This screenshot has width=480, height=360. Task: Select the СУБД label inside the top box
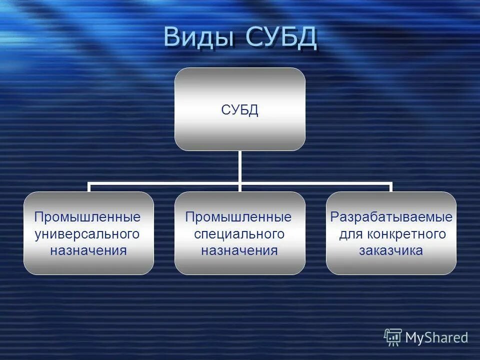pyautogui.click(x=239, y=110)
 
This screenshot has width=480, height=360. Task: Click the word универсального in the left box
pyautogui.click(x=87, y=233)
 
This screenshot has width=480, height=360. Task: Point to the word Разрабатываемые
pyautogui.click(x=391, y=217)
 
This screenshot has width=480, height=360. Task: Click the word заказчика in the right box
pyautogui.click(x=391, y=250)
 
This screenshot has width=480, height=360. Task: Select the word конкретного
pyautogui.click(x=406, y=233)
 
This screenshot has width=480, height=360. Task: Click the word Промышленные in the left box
pyautogui.click(x=87, y=217)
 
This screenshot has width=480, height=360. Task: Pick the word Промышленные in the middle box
pyautogui.click(x=238, y=217)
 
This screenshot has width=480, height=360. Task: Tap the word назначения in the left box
pyautogui.click(x=88, y=250)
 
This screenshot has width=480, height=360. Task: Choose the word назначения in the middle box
pyautogui.click(x=239, y=250)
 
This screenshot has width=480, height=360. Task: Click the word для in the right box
pyautogui.click(x=349, y=233)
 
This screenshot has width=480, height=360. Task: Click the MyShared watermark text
pyautogui.click(x=436, y=337)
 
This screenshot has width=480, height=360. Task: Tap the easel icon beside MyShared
pyautogui.click(x=393, y=337)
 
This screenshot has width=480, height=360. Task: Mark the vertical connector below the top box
pyautogui.click(x=239, y=166)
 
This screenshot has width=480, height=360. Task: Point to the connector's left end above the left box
pyautogui.click(x=89, y=187)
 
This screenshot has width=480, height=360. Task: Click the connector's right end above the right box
pyautogui.click(x=391, y=187)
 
